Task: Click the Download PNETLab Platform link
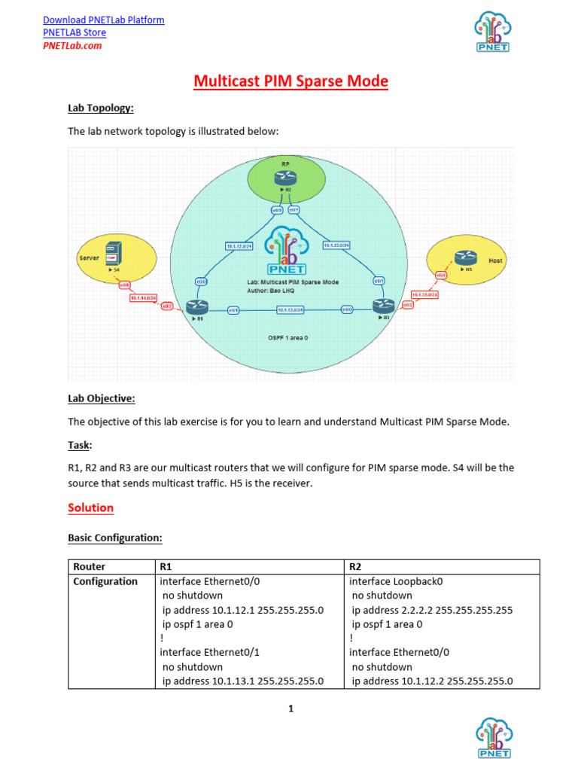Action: click(104, 20)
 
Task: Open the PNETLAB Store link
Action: click(75, 32)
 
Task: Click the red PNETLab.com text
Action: click(72, 45)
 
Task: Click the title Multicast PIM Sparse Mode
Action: click(291, 81)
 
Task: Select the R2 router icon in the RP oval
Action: click(286, 178)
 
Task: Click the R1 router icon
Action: click(198, 306)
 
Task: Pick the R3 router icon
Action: click(382, 306)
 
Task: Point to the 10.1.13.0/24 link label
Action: click(290, 309)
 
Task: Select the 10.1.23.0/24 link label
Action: click(336, 245)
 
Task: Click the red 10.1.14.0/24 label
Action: click(143, 298)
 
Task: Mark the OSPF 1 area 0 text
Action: click(288, 339)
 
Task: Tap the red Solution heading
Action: click(91, 507)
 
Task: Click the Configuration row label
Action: click(105, 581)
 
